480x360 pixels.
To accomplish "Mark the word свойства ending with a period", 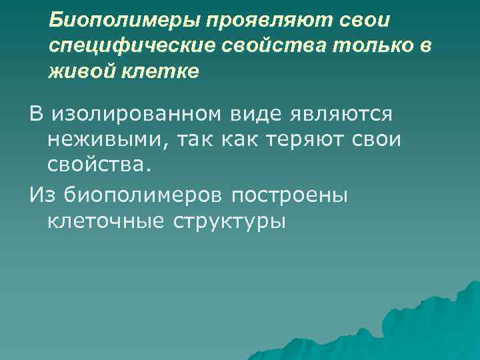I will pyautogui.click(x=95, y=165).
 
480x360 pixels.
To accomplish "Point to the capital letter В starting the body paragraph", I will pyautogui.click(x=35, y=115).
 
